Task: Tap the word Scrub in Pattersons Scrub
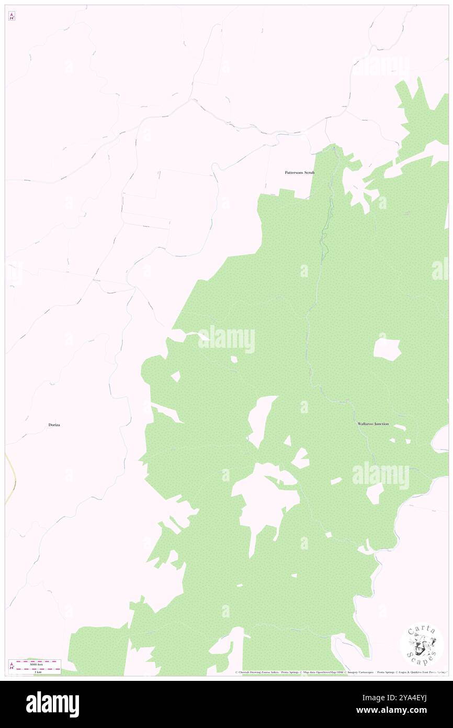coord(310,172)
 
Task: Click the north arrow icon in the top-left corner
coord(12,17)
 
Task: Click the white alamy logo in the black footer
coord(52,704)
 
